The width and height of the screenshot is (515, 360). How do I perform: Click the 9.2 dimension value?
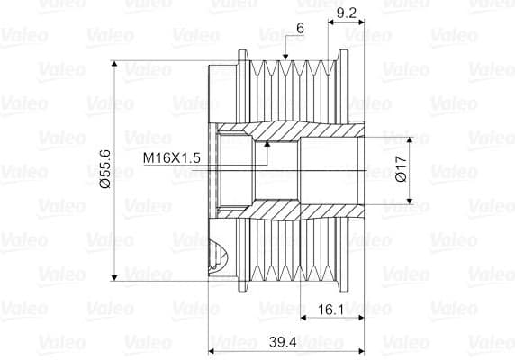(x=346, y=13)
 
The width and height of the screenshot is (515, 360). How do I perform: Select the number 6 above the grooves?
(x=299, y=28)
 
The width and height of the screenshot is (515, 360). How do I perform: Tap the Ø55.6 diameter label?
(x=105, y=169)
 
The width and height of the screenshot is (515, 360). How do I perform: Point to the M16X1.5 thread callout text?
(x=171, y=157)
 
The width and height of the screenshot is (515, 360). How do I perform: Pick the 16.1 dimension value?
(x=331, y=309)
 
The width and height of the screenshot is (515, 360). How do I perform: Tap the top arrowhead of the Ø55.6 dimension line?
(x=116, y=66)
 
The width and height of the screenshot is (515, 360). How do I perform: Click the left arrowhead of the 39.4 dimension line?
(x=213, y=350)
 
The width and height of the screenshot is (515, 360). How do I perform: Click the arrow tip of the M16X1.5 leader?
(x=267, y=144)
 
